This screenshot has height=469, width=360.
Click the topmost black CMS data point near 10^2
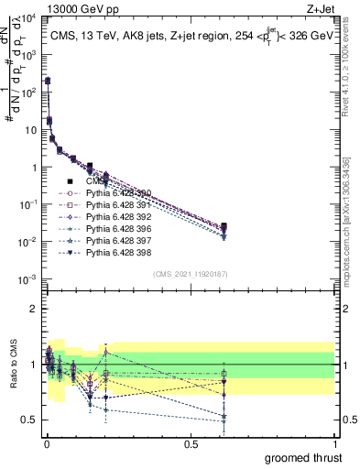pyautogui.click(x=47, y=82)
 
